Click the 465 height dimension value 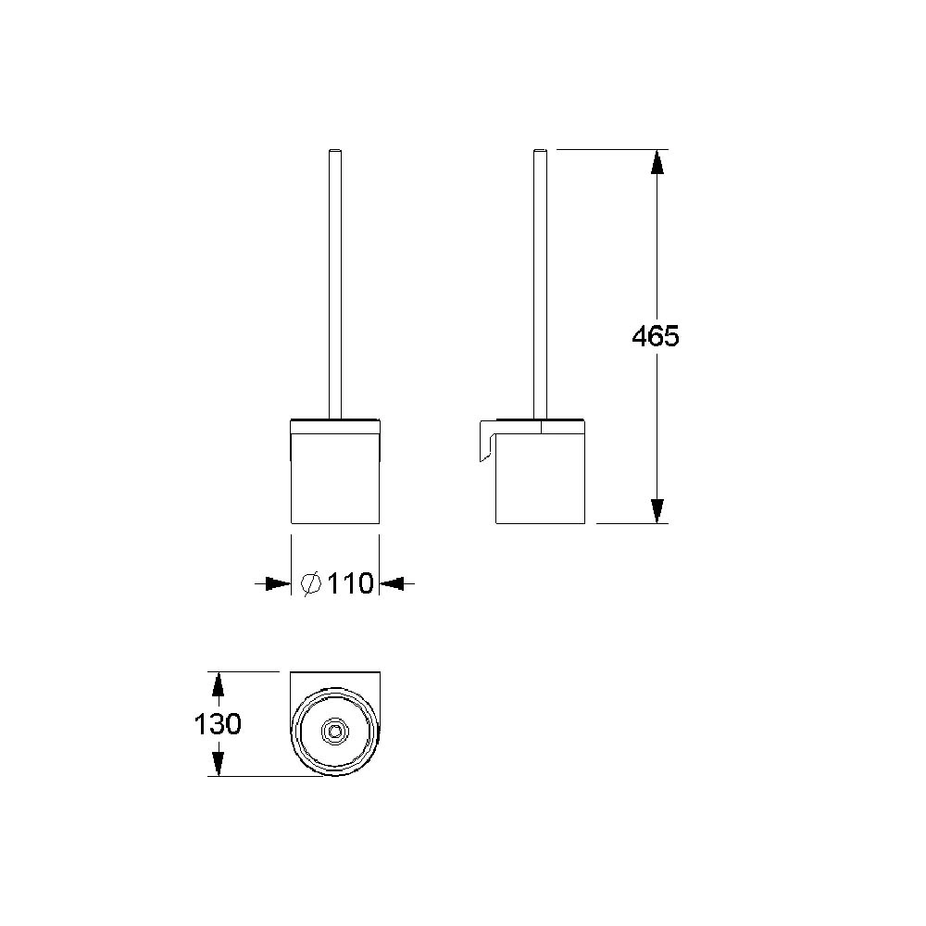[x=656, y=337]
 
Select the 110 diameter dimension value [x=350, y=584]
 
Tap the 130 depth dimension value [x=218, y=724]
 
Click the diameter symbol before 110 [x=311, y=584]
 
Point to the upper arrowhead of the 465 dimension [x=657, y=162]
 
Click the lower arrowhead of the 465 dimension [x=657, y=511]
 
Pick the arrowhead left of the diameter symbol [x=278, y=584]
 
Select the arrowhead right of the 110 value [x=392, y=584]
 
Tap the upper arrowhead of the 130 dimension [x=218, y=684]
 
